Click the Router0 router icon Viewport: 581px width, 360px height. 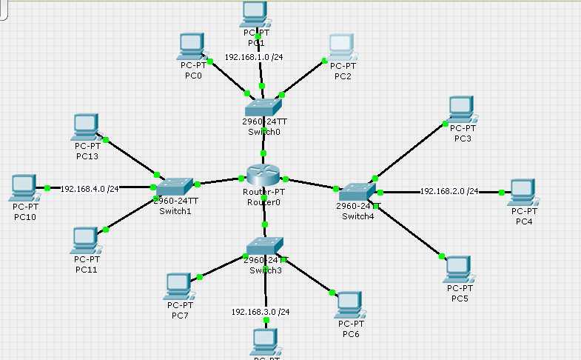point(263,176)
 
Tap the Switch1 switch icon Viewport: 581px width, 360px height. point(175,185)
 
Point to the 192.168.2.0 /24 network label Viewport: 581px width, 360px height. point(449,191)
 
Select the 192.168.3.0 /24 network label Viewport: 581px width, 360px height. point(261,312)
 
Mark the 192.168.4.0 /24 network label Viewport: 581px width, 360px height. point(90,189)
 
